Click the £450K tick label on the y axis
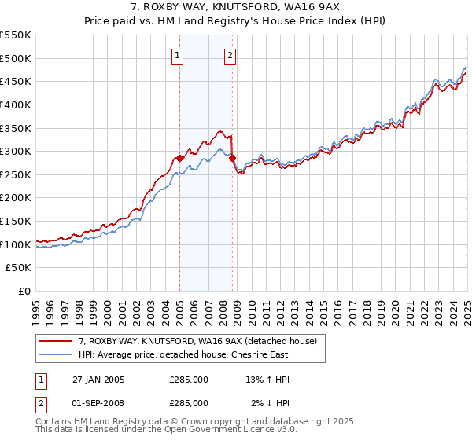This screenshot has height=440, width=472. pos(16,81)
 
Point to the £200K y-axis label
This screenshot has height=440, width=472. pos(16,197)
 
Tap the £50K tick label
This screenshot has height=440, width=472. pos(19,268)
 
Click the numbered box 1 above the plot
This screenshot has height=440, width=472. pos(179,55)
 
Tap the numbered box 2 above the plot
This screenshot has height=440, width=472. pos(230,55)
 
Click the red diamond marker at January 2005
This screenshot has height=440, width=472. pos(179,158)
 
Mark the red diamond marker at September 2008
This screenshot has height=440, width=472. pos(232,158)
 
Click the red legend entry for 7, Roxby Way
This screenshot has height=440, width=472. pos(197,341)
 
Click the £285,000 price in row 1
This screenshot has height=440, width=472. pos(189,379)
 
